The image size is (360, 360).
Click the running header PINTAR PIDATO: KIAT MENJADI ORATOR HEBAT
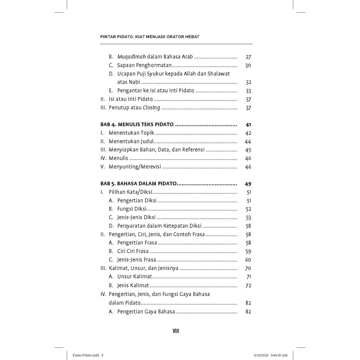click(150, 37)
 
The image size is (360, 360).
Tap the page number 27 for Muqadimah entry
click(248, 57)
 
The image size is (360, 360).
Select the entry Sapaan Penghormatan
click(144, 65)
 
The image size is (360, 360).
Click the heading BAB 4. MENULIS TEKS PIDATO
click(137, 124)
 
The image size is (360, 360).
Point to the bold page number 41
click(248, 124)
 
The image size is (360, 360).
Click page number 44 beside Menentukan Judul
click(248, 142)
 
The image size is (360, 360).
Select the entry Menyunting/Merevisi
click(135, 167)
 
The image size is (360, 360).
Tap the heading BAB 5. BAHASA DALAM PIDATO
click(139, 184)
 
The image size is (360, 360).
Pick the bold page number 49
click(248, 184)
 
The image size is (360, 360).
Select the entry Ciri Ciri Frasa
click(133, 251)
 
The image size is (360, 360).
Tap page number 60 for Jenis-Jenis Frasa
click(248, 260)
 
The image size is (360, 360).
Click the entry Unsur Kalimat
click(135, 277)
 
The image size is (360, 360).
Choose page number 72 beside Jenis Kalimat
click(248, 285)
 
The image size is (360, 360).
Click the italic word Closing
click(152, 108)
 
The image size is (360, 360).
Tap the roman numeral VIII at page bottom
click(176, 331)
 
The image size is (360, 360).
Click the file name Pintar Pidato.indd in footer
click(86, 355)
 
